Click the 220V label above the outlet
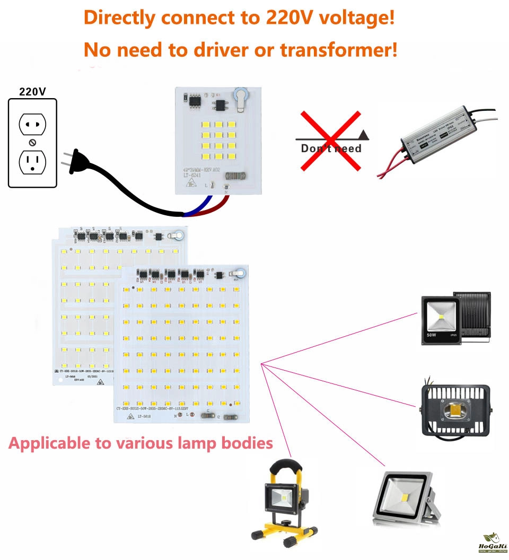coord(32,91)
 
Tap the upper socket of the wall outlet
coord(32,124)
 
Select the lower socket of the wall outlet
coord(32,162)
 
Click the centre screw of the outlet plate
coord(32,143)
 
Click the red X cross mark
coord(331,140)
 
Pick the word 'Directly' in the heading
coord(120,17)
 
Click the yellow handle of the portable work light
coord(286,467)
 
